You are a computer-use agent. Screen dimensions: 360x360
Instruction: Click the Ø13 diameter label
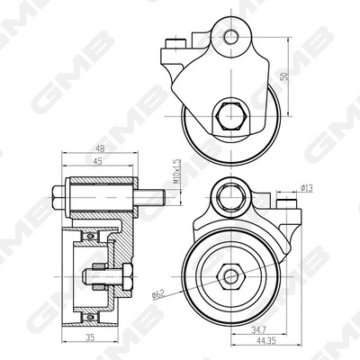306,188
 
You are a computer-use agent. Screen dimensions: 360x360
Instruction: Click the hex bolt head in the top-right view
225,117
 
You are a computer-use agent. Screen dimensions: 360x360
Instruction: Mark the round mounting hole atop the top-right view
232,37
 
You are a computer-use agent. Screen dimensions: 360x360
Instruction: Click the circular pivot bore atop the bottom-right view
234,193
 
